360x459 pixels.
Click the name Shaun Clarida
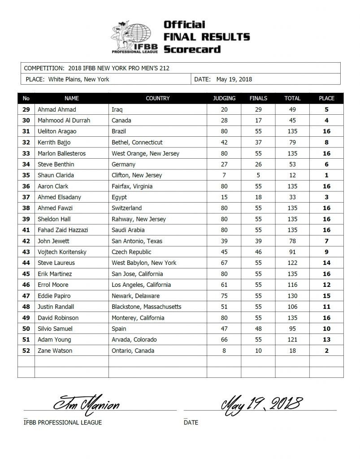pos(56,175)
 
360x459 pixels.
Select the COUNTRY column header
pos(158,98)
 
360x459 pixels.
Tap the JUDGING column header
pos(224,98)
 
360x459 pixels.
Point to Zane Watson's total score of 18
pos(292,351)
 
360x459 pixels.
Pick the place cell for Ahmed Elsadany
pos(326,197)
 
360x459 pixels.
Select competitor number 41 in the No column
pos(26,230)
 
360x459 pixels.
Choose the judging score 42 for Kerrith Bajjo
pos(224,143)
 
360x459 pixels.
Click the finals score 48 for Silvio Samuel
pos(258,329)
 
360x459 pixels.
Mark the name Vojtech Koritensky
pos(62,252)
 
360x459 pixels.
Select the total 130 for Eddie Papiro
pos(292,296)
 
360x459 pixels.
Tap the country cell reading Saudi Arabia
pos(128,230)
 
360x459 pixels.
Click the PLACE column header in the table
pos(326,98)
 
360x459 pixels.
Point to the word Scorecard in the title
pos(192,49)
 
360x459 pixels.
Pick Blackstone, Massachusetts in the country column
pos(147,307)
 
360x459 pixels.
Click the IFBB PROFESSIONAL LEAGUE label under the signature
pos(63,422)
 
